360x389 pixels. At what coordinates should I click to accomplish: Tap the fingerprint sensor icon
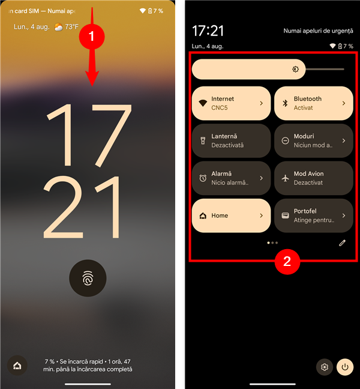88,278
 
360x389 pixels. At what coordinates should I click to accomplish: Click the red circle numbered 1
92,37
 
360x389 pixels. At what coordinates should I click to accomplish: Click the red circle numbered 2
287,262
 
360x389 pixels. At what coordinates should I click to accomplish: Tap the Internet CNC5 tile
231,103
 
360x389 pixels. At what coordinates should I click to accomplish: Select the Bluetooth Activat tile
314,103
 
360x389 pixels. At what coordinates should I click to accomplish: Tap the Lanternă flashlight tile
231,140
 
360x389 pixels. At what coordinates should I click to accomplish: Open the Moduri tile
314,140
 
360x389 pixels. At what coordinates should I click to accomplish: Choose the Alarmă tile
231,178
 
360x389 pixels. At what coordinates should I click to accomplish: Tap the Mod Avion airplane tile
314,178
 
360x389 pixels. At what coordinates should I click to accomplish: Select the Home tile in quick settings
231,216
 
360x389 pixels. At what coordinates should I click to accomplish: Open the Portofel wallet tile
314,216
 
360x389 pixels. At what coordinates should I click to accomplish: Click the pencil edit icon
342,243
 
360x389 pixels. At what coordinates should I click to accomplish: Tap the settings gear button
325,367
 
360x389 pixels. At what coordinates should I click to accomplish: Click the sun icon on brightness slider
295,69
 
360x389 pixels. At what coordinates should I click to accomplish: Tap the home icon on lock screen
17,366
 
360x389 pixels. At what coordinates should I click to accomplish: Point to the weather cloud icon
59,27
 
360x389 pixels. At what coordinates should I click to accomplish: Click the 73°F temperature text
71,26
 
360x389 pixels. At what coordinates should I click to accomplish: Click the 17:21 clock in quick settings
208,31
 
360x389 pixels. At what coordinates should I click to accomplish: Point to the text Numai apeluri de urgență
318,31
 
